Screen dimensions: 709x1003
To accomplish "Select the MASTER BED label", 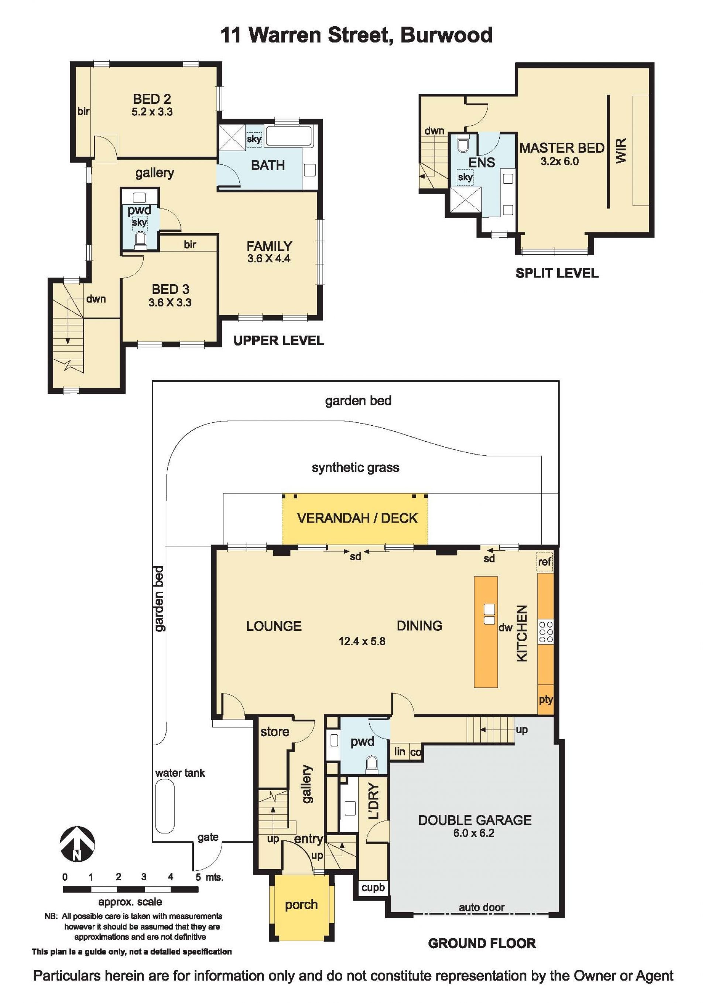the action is click(562, 148).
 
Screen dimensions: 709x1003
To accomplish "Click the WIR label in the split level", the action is click(621, 150).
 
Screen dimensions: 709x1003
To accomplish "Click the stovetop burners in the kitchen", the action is click(546, 632).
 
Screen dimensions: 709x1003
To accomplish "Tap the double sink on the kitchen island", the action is click(489, 614).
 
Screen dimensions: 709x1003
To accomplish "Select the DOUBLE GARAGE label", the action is click(475, 820).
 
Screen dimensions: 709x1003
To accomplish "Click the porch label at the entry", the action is click(301, 905).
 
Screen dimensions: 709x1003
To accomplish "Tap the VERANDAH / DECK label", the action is click(357, 518).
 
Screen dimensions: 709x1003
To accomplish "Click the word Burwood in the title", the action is click(446, 35).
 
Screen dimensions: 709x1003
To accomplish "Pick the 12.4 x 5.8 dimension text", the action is click(362, 641).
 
